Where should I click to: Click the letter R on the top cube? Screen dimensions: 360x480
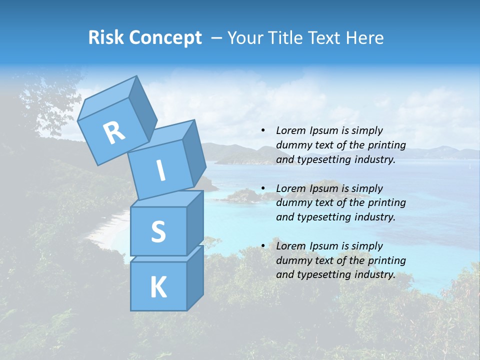(114, 132)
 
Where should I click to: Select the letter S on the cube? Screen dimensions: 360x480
(158, 231)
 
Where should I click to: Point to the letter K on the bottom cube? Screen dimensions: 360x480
(158, 287)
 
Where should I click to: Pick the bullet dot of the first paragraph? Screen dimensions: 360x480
(263, 131)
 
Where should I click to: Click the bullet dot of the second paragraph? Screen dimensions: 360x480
(263, 188)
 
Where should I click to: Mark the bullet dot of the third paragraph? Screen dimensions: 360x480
(263, 246)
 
